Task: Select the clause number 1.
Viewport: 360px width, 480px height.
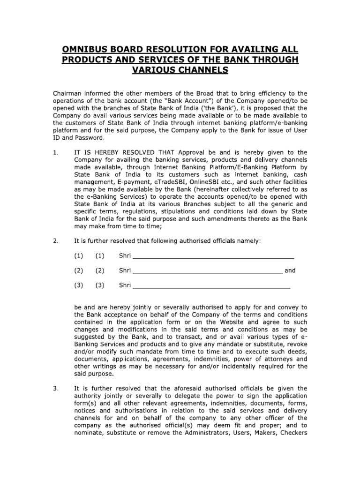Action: (x=55, y=152)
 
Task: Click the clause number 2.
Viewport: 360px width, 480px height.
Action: (x=55, y=241)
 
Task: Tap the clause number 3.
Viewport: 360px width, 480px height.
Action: (x=55, y=388)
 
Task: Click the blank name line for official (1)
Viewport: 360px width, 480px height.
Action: (x=213, y=257)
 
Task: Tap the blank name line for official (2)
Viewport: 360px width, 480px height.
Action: (x=208, y=272)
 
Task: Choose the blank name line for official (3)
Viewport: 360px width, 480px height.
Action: (x=211, y=286)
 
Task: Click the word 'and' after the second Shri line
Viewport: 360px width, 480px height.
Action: (x=290, y=270)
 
